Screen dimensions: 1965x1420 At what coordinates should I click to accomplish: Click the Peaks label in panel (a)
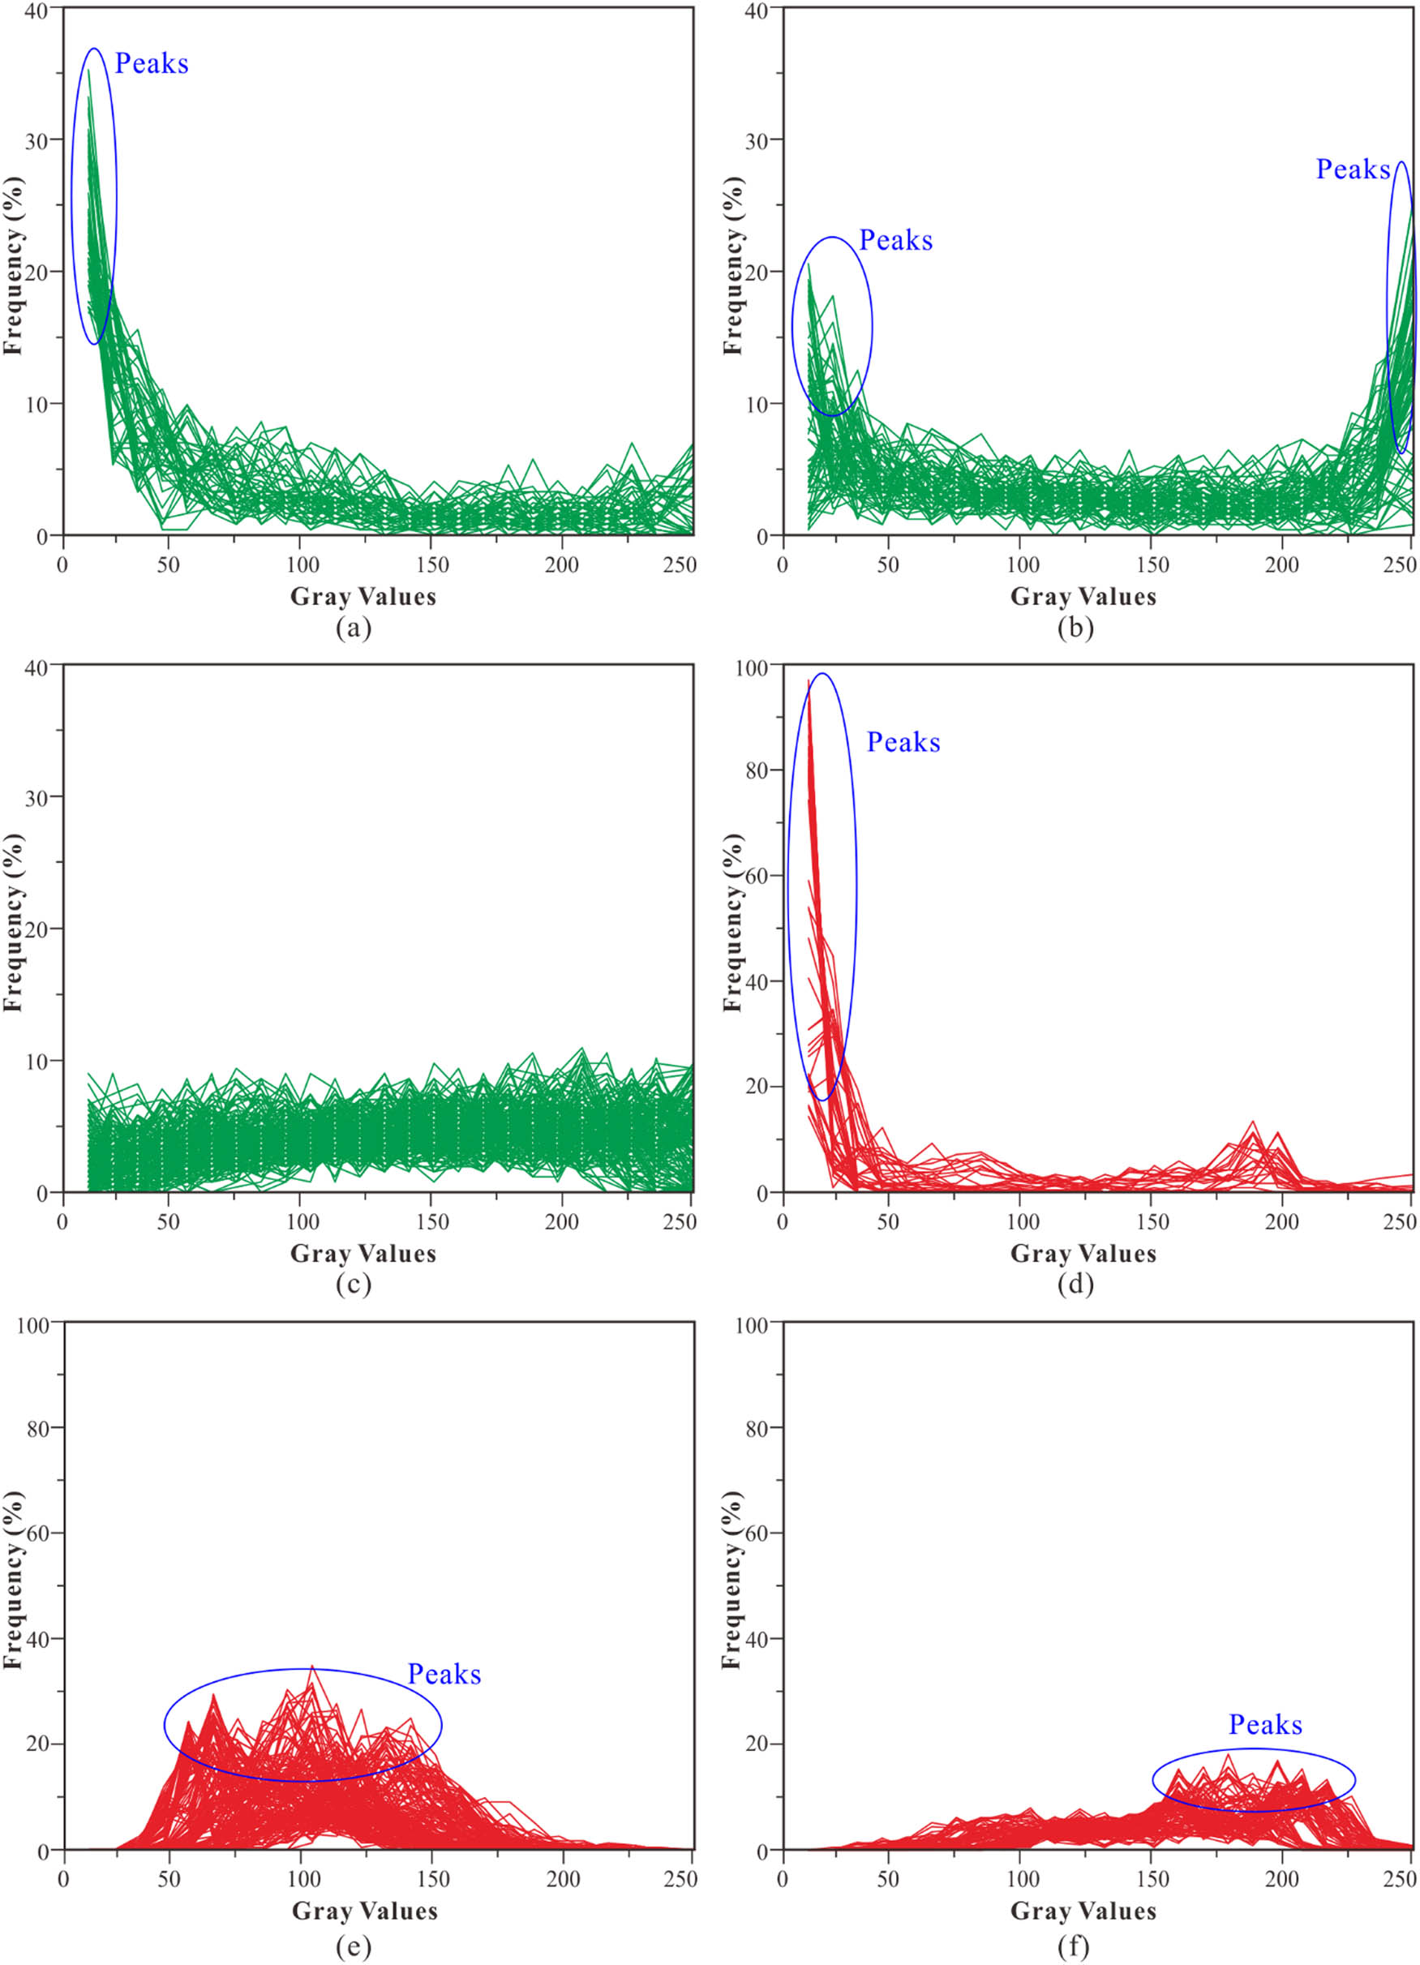click(x=152, y=63)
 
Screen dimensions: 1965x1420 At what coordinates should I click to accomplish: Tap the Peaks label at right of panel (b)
click(x=1353, y=169)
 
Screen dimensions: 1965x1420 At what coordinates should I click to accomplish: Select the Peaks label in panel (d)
click(x=903, y=743)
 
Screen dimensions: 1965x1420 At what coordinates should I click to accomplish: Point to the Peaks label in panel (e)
click(x=444, y=1674)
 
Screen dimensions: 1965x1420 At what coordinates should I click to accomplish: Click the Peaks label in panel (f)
click(x=1265, y=1724)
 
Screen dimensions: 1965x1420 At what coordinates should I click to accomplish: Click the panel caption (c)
click(x=354, y=1283)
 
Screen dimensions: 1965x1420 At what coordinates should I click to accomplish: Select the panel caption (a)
click(x=354, y=627)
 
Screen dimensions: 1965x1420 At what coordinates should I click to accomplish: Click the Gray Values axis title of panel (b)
click(x=1083, y=596)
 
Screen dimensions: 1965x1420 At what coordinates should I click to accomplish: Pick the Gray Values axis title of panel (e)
click(x=364, y=1911)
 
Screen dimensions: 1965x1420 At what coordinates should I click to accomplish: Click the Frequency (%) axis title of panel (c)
click(x=13, y=923)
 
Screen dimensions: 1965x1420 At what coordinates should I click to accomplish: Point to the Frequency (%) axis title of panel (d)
click(x=733, y=923)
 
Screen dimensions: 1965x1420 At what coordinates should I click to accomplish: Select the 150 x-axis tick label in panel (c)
click(x=431, y=1222)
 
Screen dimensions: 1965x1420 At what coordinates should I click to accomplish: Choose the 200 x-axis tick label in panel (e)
click(x=562, y=1880)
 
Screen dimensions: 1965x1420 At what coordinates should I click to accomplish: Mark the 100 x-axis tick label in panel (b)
click(x=1023, y=566)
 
